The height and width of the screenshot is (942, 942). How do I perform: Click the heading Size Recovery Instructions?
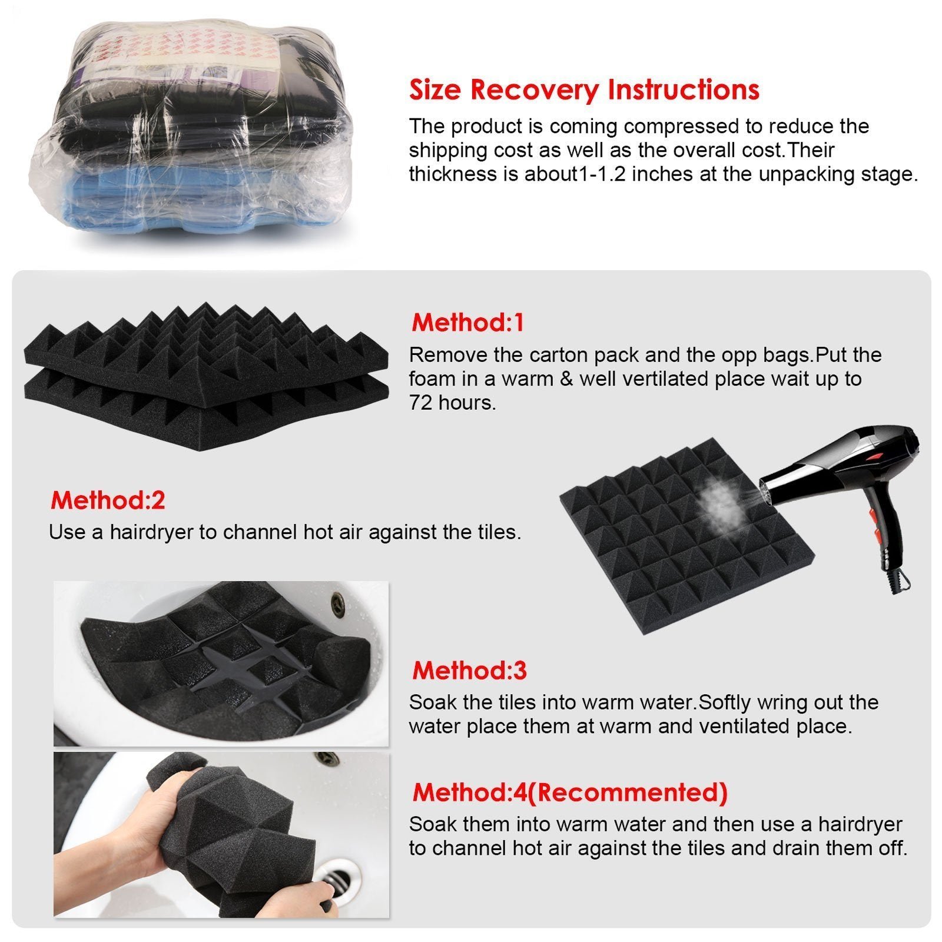(583, 90)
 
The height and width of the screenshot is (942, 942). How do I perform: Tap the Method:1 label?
(467, 323)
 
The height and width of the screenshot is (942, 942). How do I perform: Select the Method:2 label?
(108, 500)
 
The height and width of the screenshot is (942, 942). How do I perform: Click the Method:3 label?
(469, 670)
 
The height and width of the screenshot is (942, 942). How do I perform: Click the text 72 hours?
(452, 403)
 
